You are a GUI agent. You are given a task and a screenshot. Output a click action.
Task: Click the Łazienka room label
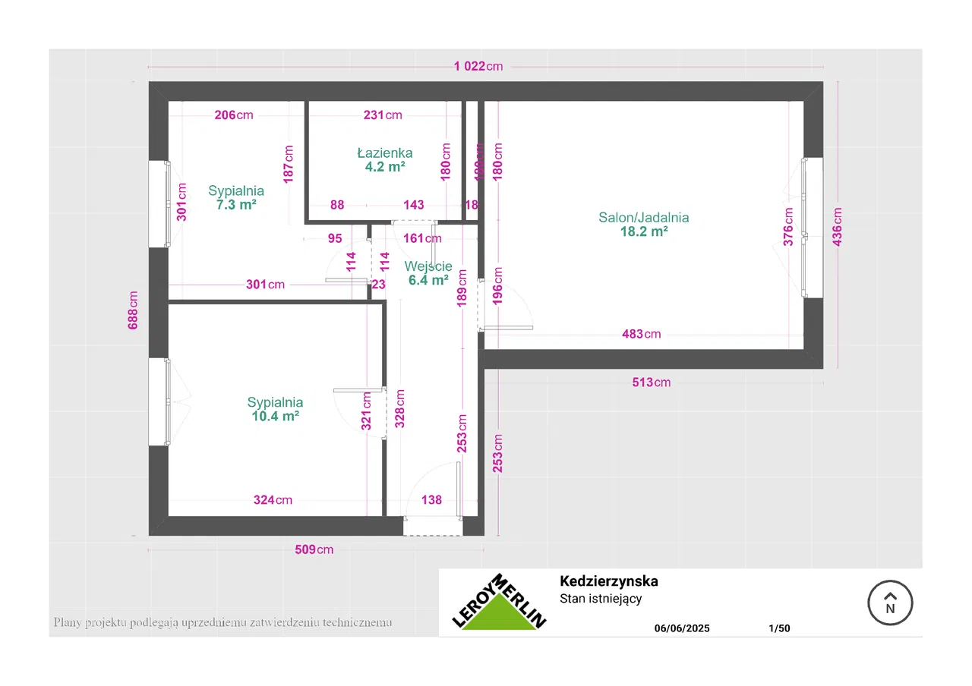pyautogui.click(x=384, y=153)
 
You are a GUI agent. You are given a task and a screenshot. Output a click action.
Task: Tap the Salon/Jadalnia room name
pyautogui.click(x=644, y=218)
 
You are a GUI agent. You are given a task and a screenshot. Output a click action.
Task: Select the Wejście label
pyautogui.click(x=428, y=266)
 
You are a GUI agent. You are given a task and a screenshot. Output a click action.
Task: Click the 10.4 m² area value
pyautogui.click(x=275, y=416)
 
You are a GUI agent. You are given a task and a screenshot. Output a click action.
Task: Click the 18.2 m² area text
pyautogui.click(x=644, y=232)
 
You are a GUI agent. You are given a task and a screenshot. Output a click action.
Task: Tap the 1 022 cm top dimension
pyautogui.click(x=478, y=66)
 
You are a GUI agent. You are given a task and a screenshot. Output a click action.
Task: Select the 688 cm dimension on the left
pyautogui.click(x=134, y=310)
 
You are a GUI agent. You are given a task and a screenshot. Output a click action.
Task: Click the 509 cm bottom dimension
pyautogui.click(x=314, y=549)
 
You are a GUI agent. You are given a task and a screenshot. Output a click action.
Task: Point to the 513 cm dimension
pyautogui.click(x=652, y=382)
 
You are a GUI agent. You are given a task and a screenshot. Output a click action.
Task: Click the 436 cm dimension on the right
pyautogui.click(x=838, y=225)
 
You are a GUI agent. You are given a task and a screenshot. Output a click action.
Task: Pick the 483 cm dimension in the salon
pyautogui.click(x=641, y=334)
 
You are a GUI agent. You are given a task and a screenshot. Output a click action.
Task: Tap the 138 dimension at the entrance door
pyautogui.click(x=431, y=500)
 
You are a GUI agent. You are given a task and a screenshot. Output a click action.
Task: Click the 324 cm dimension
pyautogui.click(x=273, y=500)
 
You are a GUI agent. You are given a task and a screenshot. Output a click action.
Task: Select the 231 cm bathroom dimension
pyautogui.click(x=383, y=115)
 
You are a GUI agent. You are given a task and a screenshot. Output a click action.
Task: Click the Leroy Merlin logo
pyautogui.click(x=499, y=603)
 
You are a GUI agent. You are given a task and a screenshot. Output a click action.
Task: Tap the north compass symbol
pyautogui.click(x=890, y=604)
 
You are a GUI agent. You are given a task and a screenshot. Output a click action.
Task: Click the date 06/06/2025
pyautogui.click(x=682, y=628)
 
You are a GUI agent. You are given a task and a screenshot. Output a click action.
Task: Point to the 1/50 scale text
pyautogui.click(x=779, y=628)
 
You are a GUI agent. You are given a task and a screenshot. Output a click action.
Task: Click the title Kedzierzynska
pyautogui.click(x=608, y=582)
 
